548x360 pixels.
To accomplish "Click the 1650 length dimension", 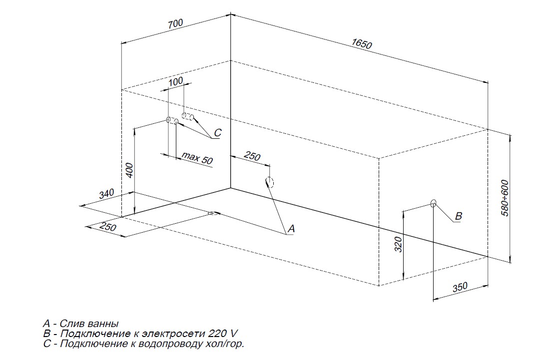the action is [x=362, y=43].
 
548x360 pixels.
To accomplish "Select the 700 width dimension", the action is [x=175, y=24].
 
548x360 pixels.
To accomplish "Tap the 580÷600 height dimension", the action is [x=506, y=198].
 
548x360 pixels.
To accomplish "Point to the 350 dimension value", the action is [x=460, y=287].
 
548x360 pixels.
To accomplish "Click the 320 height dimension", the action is [x=398, y=244].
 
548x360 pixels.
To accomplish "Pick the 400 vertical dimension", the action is [x=129, y=170].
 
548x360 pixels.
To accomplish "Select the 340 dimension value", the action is [x=106, y=194].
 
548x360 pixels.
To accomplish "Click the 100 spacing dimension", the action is [x=176, y=81].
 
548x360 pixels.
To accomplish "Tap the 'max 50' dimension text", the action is [x=197, y=158].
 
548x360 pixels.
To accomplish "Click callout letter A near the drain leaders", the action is [x=291, y=229].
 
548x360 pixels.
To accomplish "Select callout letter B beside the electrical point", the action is [x=458, y=216].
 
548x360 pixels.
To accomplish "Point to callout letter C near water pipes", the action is [x=217, y=133].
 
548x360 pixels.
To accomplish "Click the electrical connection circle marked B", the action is [x=434, y=203].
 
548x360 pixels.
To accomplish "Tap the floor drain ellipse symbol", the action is [x=213, y=213].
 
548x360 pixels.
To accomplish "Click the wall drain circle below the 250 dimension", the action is [x=269, y=182].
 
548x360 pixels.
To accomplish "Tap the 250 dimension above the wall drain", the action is [x=252, y=156].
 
